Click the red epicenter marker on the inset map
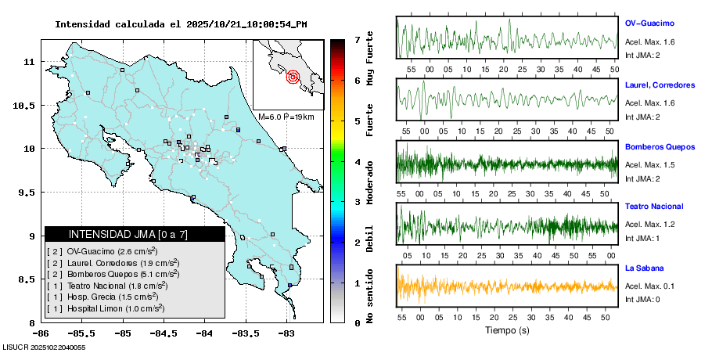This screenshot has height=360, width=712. pos(293,77)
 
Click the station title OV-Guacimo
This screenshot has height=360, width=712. pos(649,23)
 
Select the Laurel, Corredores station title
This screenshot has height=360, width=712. pos(660,84)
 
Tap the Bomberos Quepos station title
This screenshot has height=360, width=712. pos(660,146)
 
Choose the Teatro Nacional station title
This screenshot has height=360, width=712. pos(654,207)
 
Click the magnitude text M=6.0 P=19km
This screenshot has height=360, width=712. pos(286,117)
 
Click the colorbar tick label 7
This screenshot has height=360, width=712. pos(356,39)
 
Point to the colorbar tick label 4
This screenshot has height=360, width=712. pos(356,161)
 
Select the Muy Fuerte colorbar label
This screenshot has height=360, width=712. pos(369,59)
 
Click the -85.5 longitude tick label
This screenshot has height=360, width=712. pos(83,332)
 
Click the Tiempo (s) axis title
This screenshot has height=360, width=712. pos(507,330)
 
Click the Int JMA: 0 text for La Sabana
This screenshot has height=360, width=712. pos(642,299)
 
